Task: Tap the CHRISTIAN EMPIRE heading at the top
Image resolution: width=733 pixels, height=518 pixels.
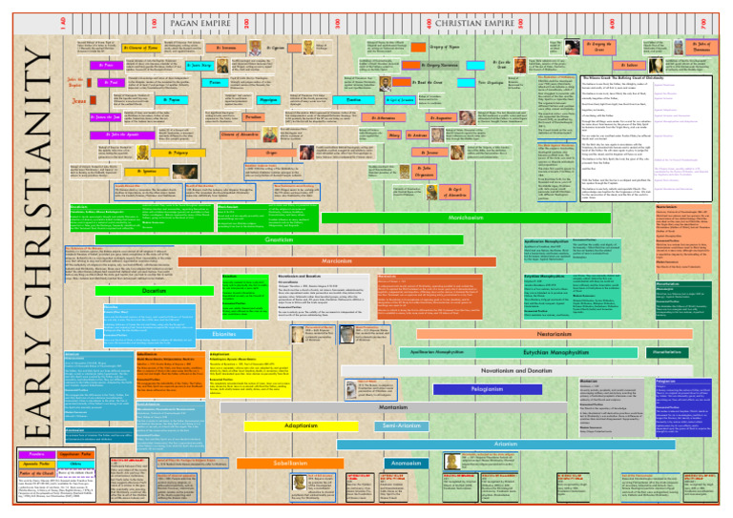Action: point(451,11)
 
